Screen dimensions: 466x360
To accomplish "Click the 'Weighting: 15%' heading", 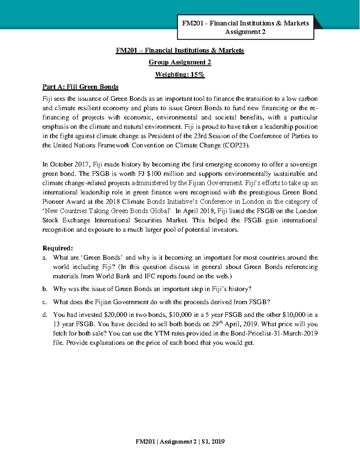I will [180, 74].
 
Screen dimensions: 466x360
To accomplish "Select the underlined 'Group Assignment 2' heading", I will [180, 62].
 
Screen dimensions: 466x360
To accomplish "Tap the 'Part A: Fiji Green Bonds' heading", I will [80, 87].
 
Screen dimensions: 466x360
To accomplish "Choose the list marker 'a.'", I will [45, 258].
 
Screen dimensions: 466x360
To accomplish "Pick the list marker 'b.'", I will [45, 289].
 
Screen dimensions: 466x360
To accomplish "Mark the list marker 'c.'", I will [45, 302].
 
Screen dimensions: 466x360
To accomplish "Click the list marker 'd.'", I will [45, 315].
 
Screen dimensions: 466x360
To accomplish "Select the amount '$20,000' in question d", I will [115, 315].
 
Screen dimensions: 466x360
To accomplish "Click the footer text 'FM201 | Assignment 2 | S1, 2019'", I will [180, 442].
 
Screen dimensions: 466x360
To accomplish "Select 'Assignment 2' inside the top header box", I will [245, 32].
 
